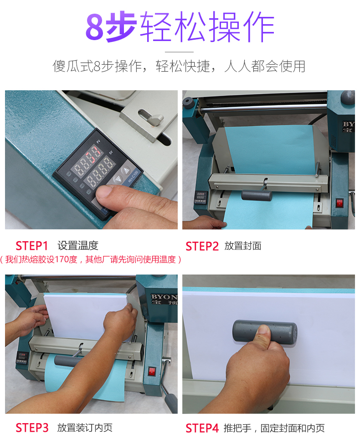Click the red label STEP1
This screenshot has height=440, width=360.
pyautogui.click(x=32, y=246)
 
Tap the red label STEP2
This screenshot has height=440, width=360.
pyautogui.click(x=202, y=246)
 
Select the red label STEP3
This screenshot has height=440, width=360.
pyautogui.click(x=32, y=428)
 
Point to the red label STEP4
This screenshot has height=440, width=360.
pyautogui.click(x=202, y=429)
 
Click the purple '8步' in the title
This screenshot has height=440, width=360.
pyautogui.click(x=111, y=26)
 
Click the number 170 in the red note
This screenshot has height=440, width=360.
pyautogui.click(x=62, y=259)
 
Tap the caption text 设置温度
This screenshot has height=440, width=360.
pyautogui.click(x=77, y=246)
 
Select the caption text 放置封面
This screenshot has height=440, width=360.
pyautogui.click(x=243, y=246)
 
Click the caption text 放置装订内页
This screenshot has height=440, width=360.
pyautogui.click(x=85, y=428)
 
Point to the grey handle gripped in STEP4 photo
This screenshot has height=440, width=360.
pyautogui.click(x=264, y=331)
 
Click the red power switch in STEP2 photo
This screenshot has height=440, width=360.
pyautogui.click(x=339, y=203)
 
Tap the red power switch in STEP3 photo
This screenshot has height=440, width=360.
pyautogui.click(x=152, y=371)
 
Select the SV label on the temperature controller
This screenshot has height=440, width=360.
pyautogui.click(x=110, y=152)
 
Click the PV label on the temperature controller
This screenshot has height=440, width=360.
pyautogui.click(x=98, y=141)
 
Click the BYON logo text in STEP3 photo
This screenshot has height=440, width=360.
pyautogui.click(x=165, y=297)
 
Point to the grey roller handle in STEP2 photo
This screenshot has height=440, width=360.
pyautogui.click(x=257, y=195)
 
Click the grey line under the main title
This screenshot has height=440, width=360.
pyautogui.click(x=179, y=52)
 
